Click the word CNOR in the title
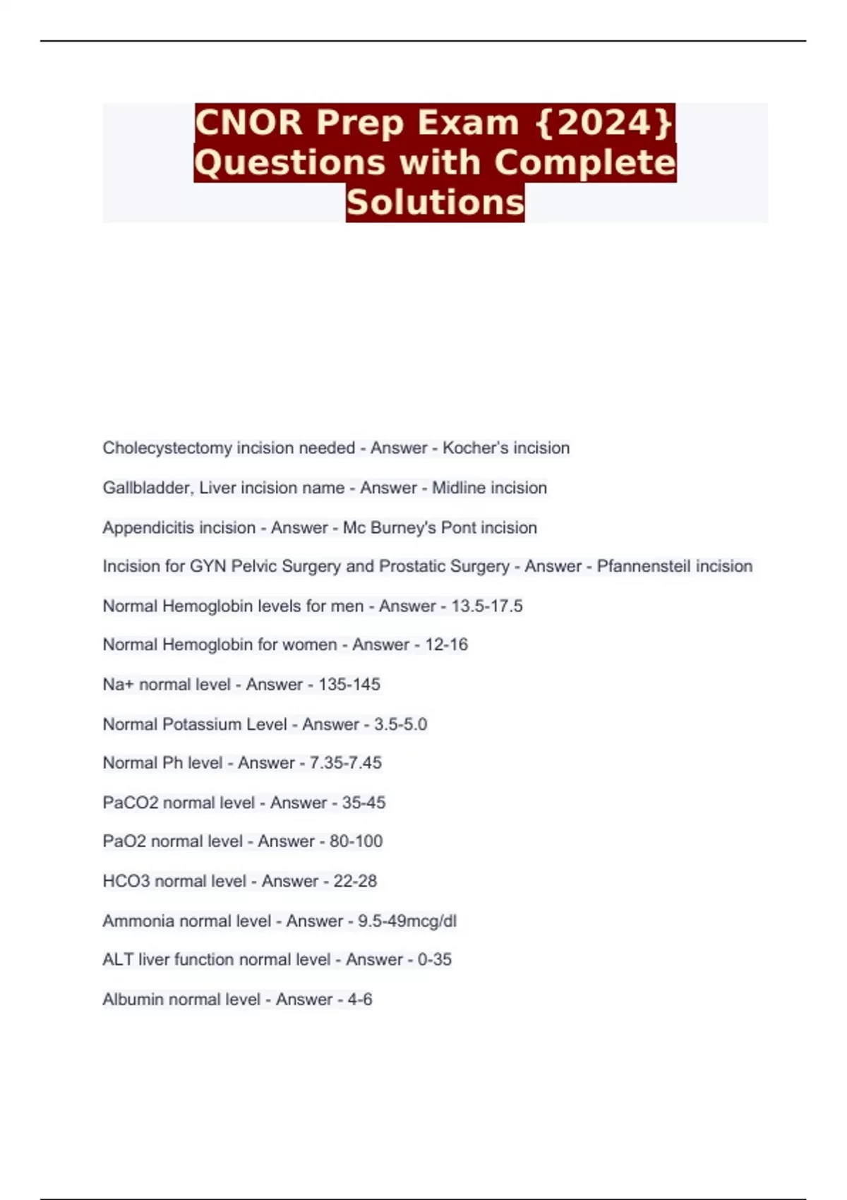click(x=248, y=122)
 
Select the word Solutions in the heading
click(x=435, y=202)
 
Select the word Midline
click(x=458, y=488)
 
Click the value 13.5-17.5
click(x=487, y=606)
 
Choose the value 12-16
click(x=446, y=644)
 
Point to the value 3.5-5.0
click(x=400, y=724)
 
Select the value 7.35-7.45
click(x=345, y=763)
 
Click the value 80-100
click(x=356, y=841)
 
